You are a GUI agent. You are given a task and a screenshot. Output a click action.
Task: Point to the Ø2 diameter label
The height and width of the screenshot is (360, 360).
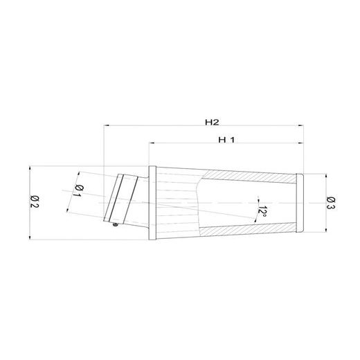[x=35, y=203]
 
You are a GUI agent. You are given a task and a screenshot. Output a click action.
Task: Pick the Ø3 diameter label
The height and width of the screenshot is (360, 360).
[x=332, y=202]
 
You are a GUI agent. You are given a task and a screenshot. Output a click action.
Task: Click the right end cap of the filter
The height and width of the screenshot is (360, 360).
[x=299, y=202]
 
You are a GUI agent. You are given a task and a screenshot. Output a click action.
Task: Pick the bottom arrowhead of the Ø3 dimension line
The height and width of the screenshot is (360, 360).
[x=325, y=230]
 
